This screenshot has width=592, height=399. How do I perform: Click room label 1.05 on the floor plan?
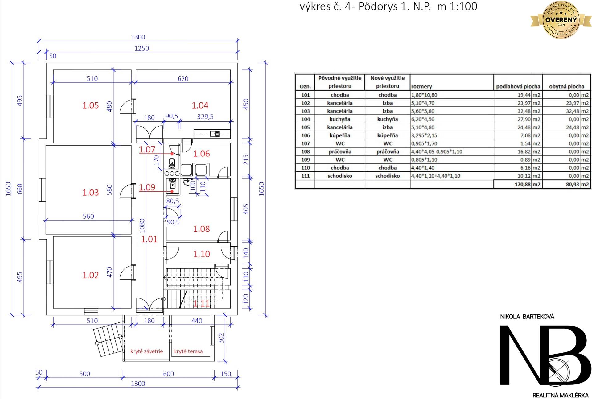coord(90,106)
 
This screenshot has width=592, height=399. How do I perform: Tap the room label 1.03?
coord(90,193)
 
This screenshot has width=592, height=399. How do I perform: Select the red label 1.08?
coord(201,229)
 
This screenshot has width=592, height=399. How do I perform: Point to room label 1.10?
coord(201,254)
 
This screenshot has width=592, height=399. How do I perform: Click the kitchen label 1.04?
coord(200,106)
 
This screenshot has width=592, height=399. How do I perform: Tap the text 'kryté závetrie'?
coord(147,351)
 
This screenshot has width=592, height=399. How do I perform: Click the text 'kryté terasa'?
coord(188,351)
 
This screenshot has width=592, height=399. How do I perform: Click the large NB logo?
coord(544,355)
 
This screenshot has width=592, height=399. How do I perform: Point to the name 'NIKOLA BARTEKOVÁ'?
coord(527,317)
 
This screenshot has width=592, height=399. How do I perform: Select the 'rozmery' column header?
coord(421,87)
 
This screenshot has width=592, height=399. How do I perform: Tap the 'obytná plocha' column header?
coord(566,87)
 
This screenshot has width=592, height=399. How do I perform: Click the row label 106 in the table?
coord(305,135)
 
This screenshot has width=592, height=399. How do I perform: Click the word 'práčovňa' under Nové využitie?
coord(388,152)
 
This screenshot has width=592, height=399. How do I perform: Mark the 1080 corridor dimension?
coord(142,226)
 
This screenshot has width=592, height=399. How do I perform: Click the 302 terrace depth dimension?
coord(221,338)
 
